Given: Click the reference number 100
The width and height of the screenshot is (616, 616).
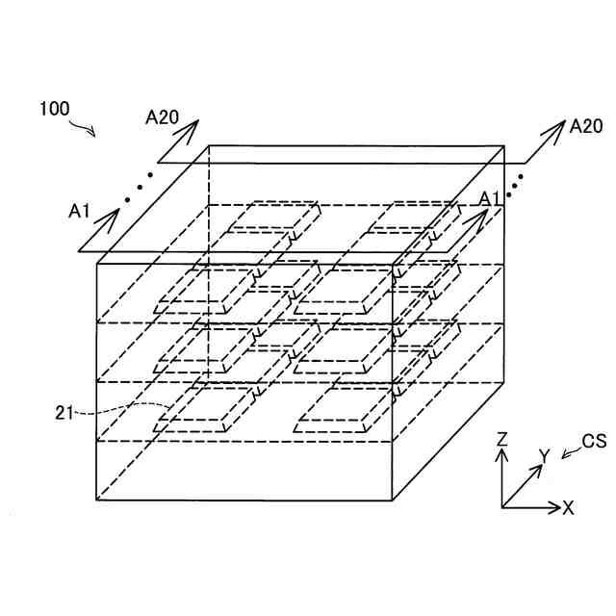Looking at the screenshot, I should coord(54,109).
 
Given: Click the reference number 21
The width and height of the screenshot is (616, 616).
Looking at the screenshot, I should coord(65,413).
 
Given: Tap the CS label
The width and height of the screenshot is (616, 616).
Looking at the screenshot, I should coord(594,442).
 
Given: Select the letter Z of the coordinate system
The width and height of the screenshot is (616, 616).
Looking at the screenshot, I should coord(501,439).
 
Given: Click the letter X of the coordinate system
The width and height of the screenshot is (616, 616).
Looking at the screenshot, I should coord(569,507).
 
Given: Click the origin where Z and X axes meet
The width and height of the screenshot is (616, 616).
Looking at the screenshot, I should coord(501,505).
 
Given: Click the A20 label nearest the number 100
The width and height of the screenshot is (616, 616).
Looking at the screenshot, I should coord(162,117).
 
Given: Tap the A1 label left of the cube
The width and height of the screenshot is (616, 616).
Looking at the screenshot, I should coord(81,209).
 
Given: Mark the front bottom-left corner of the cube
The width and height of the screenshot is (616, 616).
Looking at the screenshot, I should coord(97,500).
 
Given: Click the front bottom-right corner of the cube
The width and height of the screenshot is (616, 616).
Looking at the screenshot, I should coord(393,500).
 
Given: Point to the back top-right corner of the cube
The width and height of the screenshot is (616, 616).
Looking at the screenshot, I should coord(504,146).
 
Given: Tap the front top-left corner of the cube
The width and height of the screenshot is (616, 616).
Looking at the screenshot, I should coord(97,262).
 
